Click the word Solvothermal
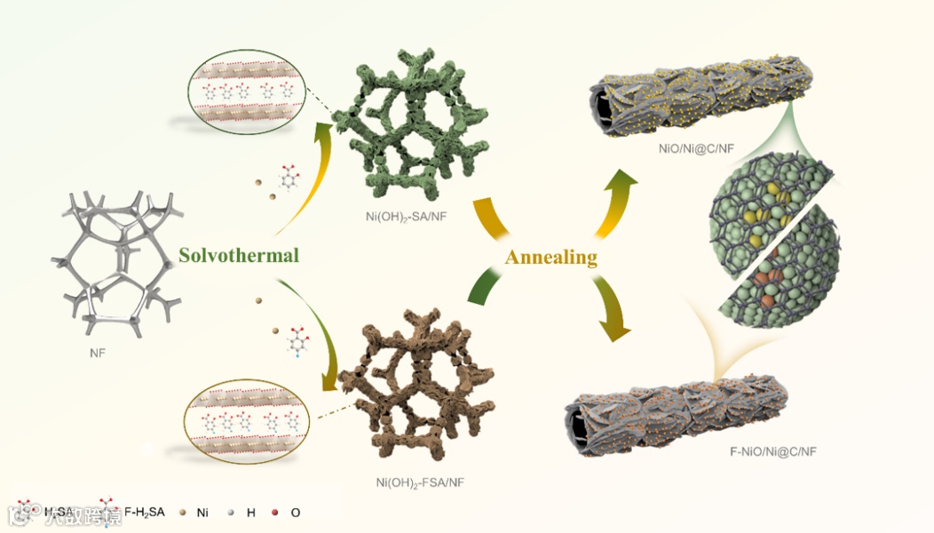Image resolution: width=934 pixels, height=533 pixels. pos(237,255)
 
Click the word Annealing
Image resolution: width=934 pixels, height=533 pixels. pos(550,258)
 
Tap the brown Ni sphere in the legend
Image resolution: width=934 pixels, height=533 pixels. pos(182,513)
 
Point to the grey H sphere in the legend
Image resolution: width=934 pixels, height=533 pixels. pos(231,513)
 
